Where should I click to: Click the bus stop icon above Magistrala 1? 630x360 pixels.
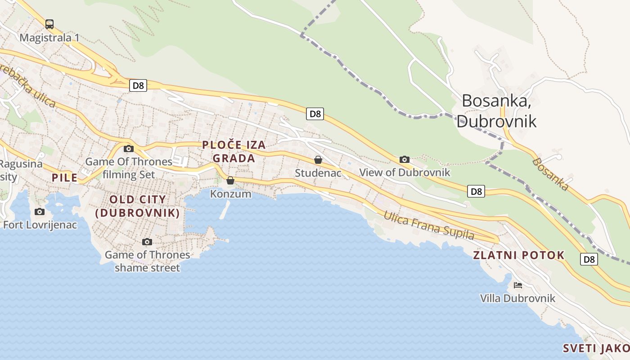(x=49, y=24)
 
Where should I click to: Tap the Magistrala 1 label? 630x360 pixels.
(x=49, y=37)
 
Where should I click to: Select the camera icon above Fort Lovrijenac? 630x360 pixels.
(x=40, y=211)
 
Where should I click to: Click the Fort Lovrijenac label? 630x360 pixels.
(x=40, y=225)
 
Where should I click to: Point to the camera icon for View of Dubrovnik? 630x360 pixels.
(x=404, y=159)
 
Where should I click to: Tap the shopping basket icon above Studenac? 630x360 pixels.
(x=318, y=160)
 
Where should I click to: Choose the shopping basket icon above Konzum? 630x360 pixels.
(x=230, y=180)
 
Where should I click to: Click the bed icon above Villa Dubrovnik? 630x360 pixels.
(x=517, y=285)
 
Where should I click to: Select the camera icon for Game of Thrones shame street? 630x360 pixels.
(x=147, y=242)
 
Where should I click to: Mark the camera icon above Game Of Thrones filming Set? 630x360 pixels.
(x=129, y=148)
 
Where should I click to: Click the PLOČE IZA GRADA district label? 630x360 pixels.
(x=234, y=152)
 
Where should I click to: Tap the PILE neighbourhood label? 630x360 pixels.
(x=64, y=178)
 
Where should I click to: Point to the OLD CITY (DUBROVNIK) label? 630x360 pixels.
(x=138, y=206)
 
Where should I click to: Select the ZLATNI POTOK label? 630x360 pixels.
(x=518, y=255)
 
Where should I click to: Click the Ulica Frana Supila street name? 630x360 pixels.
(x=428, y=225)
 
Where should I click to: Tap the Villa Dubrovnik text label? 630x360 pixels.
(x=517, y=298)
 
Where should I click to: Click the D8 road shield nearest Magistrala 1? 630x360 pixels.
(x=138, y=85)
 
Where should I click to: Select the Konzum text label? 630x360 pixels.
(x=230, y=194)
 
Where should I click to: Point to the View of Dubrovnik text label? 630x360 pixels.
(x=404, y=172)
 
